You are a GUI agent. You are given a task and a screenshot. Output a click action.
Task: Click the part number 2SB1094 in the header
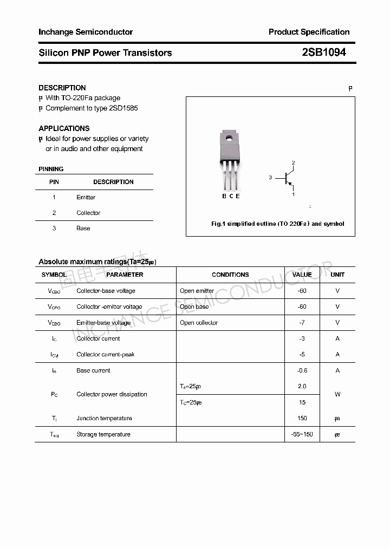pos(324,53)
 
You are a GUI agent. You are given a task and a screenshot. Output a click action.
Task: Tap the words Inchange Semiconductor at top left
pos(86,32)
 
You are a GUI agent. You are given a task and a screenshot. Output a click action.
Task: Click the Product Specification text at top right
pos(309,32)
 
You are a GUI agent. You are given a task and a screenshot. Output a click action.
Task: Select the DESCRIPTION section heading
pos(62,88)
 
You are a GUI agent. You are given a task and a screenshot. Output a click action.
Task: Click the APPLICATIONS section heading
pos(64,128)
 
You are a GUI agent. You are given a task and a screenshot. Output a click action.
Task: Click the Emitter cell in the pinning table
pos(86,197)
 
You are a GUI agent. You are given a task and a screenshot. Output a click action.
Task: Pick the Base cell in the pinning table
pos(83,228)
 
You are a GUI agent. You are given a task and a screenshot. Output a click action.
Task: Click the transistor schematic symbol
pos(287,178)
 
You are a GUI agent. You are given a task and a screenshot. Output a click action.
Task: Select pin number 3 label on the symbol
pos(270,178)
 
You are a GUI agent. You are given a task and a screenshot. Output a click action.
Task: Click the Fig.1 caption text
pos(277,224)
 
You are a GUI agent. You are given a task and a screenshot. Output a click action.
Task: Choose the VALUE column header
pos(302,275)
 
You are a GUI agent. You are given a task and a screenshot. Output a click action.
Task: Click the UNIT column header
pos(337,275)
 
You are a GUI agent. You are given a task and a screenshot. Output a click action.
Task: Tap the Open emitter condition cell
pos(197,291)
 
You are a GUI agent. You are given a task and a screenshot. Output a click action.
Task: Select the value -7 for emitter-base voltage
pos(302,323)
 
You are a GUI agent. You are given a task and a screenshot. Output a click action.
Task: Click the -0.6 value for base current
pos(302,370)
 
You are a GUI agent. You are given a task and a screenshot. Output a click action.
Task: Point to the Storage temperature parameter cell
pos(103,434)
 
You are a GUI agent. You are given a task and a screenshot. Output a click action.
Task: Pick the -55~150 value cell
pos(302,434)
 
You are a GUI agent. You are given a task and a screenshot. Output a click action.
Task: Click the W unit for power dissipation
pos(337,394)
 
